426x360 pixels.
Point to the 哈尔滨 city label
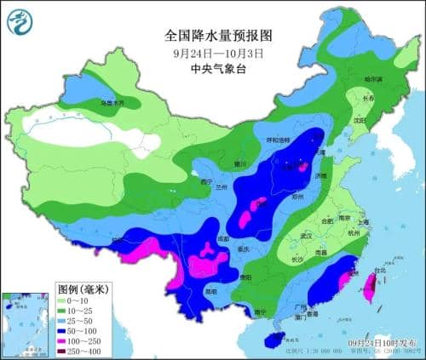[373, 79]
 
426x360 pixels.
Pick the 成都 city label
[222, 239]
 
